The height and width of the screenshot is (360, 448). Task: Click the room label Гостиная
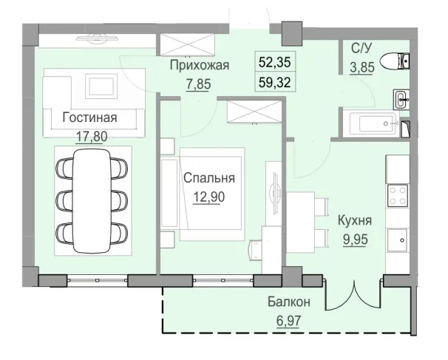tap(89, 118)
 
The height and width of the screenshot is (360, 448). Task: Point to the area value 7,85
tap(199, 84)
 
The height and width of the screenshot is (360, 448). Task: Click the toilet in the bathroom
tap(404, 62)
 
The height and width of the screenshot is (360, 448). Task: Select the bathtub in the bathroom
tap(374, 123)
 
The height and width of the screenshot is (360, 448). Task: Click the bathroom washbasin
tap(401, 98)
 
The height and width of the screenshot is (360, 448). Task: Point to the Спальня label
tap(209, 178)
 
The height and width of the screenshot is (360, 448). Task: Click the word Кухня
tap(354, 220)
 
